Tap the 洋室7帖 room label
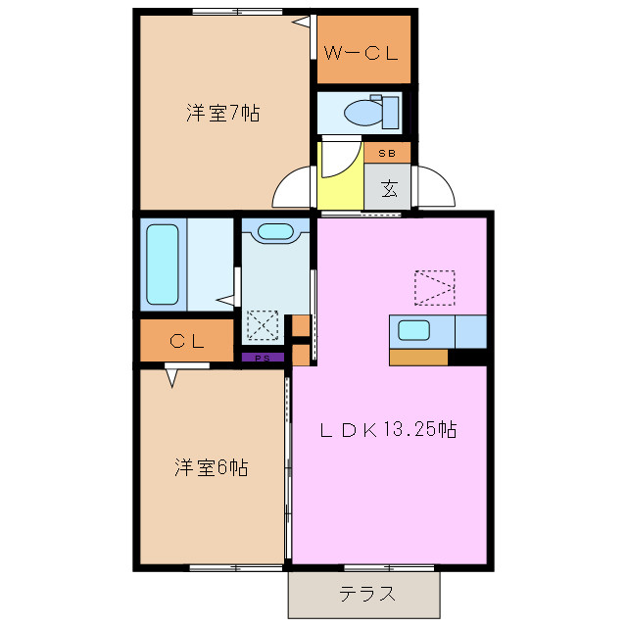(223, 113)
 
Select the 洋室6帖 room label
(211, 467)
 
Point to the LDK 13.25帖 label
(390, 429)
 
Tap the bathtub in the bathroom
(162, 265)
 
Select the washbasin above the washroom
(274, 232)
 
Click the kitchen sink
(413, 331)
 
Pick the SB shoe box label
(387, 154)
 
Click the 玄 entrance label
(388, 187)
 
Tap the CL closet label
(186, 342)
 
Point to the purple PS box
(263, 359)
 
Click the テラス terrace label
(367, 594)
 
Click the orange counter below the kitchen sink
(418, 357)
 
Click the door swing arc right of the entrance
(438, 186)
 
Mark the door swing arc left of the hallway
(294, 188)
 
